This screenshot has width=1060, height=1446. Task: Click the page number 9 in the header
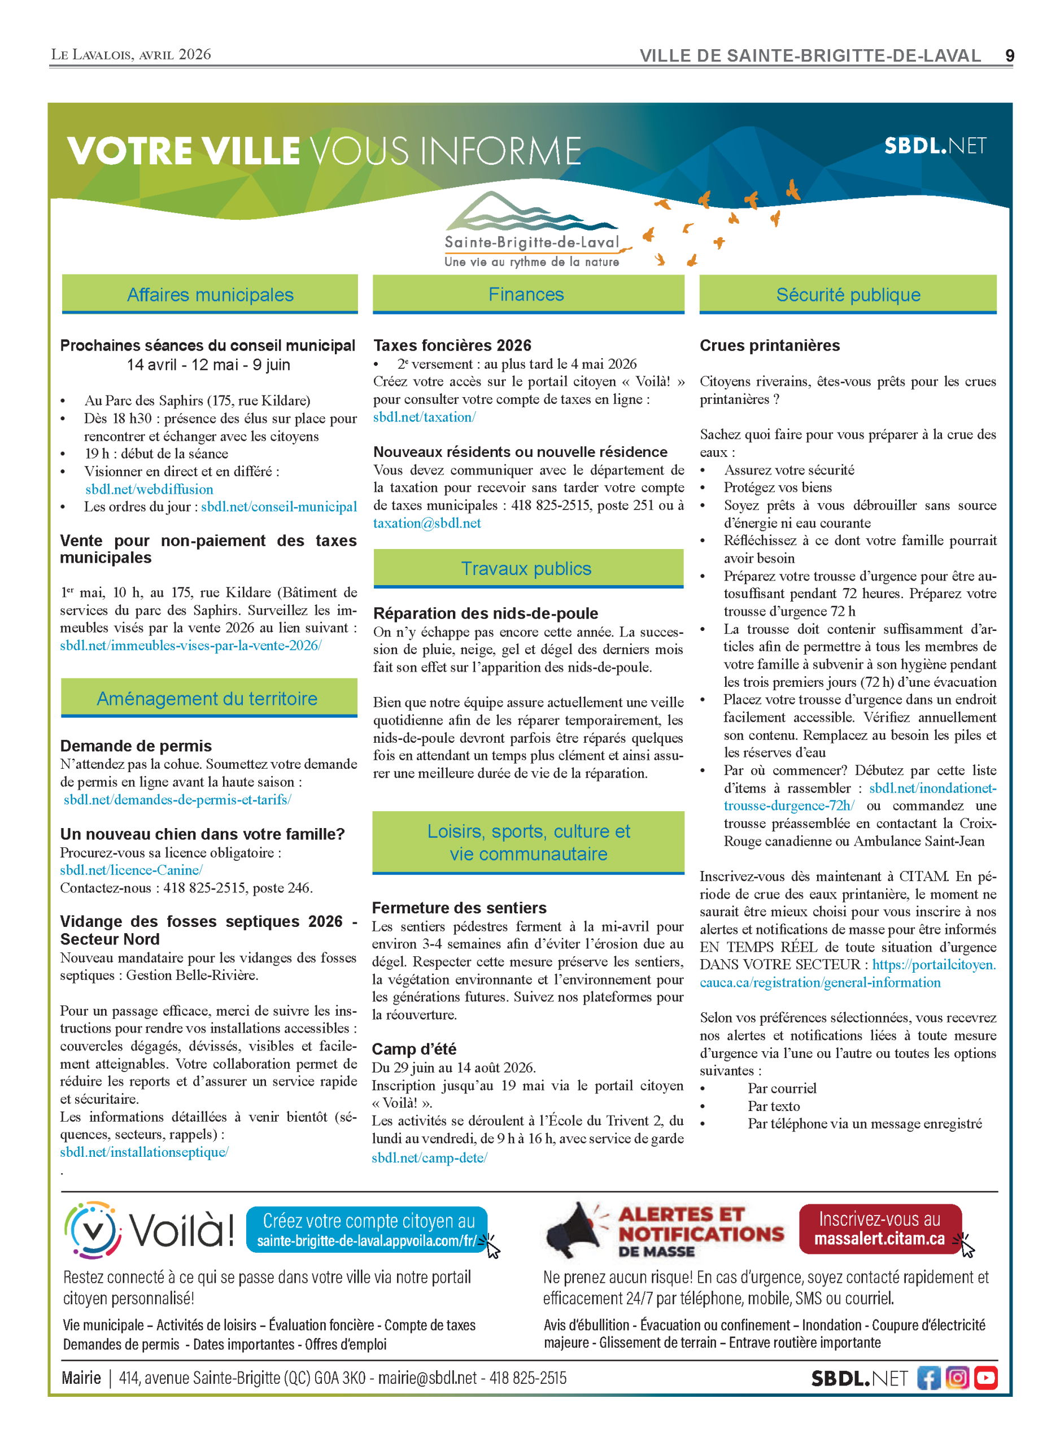[x=1009, y=56]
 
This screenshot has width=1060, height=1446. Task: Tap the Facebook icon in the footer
[x=928, y=1377]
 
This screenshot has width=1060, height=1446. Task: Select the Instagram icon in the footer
[x=957, y=1377]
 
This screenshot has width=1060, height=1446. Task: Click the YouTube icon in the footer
[x=985, y=1377]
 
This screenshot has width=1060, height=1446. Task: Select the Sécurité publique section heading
[x=848, y=295]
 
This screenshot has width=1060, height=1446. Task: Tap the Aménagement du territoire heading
[x=208, y=698]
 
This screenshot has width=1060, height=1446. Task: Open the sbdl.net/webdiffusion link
[x=150, y=489]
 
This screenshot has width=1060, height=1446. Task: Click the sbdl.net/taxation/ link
[x=424, y=417]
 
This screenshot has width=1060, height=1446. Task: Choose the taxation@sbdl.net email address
[x=427, y=523]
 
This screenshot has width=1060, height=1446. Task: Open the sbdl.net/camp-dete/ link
[x=429, y=1157]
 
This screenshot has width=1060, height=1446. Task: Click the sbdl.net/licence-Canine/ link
[x=132, y=870]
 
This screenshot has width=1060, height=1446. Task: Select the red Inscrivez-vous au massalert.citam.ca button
[x=880, y=1229]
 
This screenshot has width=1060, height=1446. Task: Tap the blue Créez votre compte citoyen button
[x=367, y=1230]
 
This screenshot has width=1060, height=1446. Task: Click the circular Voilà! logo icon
[x=94, y=1230]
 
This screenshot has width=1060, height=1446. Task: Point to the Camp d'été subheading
[x=414, y=1049]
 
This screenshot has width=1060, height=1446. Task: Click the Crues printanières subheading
[x=769, y=345]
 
